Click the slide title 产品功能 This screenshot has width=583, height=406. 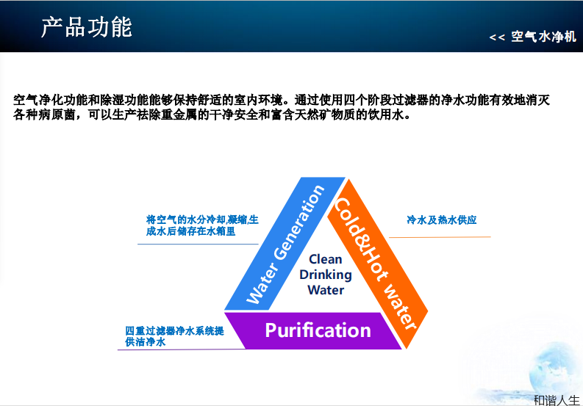pos(87,27)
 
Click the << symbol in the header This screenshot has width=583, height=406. pos(497,37)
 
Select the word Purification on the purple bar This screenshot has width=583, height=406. pos(318,330)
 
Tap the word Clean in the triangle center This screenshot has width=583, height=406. pos(326,259)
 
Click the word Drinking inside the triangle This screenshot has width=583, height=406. pos(326,275)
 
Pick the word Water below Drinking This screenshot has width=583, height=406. pos(326,290)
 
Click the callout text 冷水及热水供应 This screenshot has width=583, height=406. pos(441,220)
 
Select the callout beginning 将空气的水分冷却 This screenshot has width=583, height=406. pos(202,225)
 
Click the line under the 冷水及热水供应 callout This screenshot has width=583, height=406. pos(441,237)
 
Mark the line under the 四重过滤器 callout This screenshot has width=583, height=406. pos(176,349)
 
